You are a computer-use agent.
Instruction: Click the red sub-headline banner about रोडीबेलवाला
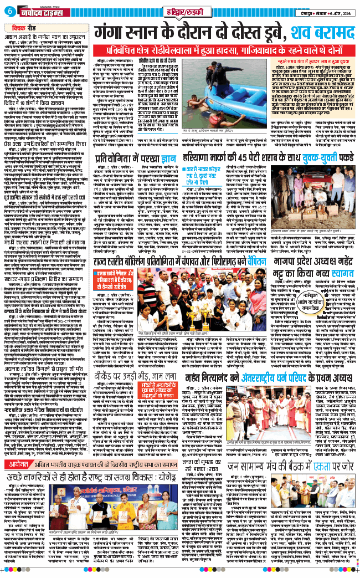tap(225, 48)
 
